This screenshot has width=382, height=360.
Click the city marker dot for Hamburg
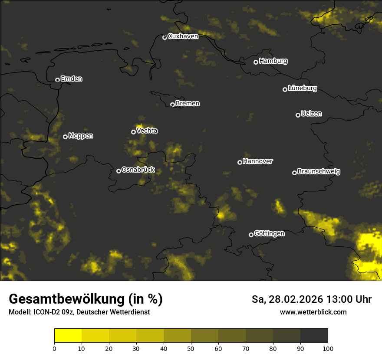coord(256,62)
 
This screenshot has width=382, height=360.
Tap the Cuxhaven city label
coord(183,36)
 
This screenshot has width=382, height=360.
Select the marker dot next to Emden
coord(57,80)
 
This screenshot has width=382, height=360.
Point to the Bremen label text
coord(188,104)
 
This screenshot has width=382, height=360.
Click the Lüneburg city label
coord(302,88)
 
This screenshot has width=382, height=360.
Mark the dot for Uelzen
coord(298,115)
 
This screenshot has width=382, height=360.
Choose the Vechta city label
coord(147,131)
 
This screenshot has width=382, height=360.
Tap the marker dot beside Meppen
coord(65,137)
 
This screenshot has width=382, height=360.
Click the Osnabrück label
coord(138,170)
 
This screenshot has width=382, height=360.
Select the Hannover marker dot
coord(240,162)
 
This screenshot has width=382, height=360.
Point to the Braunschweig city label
coord(319,172)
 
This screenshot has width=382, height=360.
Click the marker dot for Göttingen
coord(251,235)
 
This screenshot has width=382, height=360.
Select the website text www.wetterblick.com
coord(313,312)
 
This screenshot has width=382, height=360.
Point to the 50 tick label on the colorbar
coord(191,348)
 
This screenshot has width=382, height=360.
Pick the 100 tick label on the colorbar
coord(328,348)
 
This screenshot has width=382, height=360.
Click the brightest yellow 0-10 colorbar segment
coord(68,335)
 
